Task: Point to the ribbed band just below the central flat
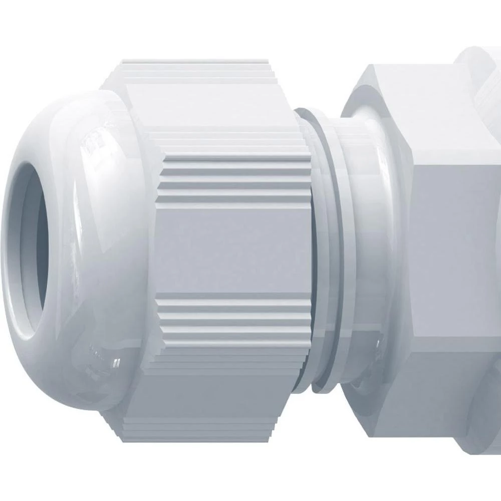click(x=235, y=321)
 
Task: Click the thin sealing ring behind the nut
click(x=321, y=250)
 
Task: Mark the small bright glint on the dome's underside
click(x=117, y=360)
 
